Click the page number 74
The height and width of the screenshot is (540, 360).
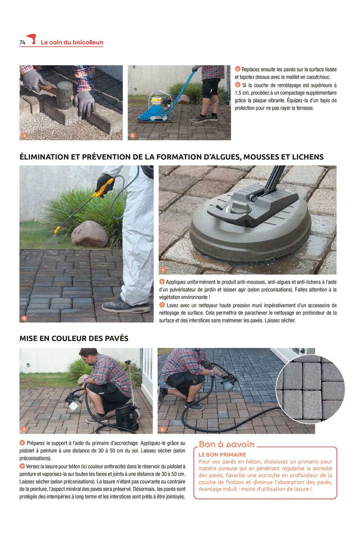(x=22, y=42)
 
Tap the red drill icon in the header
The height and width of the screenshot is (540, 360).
(x=31, y=39)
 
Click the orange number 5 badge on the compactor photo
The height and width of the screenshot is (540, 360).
(x=132, y=136)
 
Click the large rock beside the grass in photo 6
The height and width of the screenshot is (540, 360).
(x=89, y=234)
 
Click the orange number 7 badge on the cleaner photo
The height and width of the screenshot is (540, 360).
(x=163, y=270)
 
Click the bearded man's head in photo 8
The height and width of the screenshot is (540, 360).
(x=88, y=357)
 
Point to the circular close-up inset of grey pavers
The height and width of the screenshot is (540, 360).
(x=310, y=389)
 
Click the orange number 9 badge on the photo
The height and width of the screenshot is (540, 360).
(x=162, y=429)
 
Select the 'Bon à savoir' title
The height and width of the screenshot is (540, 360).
(x=226, y=444)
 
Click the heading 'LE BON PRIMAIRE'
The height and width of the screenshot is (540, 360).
(x=222, y=455)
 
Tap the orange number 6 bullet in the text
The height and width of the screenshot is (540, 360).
(x=162, y=282)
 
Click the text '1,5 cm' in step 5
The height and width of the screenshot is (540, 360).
(x=242, y=93)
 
